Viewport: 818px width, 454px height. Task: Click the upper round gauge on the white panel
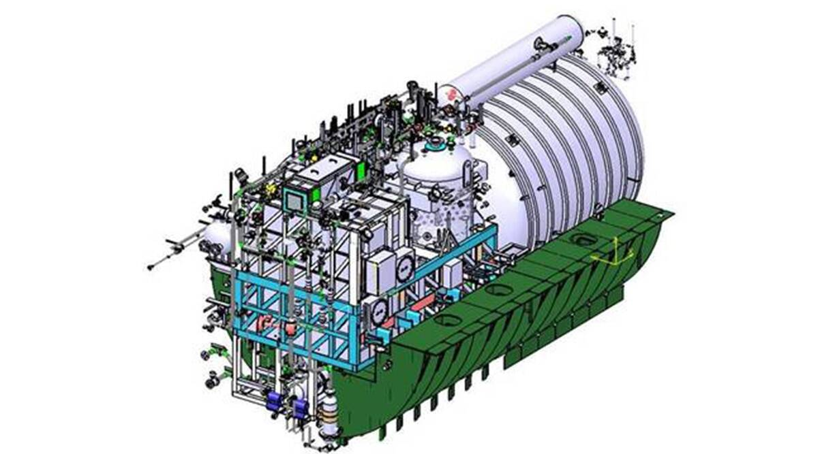tap(404, 267)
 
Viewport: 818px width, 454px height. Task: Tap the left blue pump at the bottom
tap(275, 401)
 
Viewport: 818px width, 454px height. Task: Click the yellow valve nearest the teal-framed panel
tap(271, 187)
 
